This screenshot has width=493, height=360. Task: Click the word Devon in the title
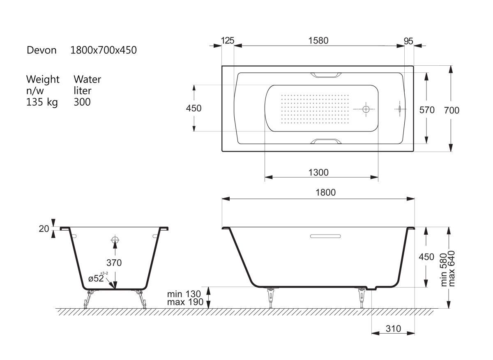click(x=41, y=50)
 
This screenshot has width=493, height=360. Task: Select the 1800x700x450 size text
click(x=104, y=50)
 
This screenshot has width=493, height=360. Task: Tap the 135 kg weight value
click(x=42, y=102)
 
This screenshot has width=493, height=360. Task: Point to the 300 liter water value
click(x=82, y=102)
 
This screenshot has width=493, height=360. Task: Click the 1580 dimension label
click(x=318, y=41)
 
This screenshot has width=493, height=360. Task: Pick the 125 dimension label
click(x=228, y=41)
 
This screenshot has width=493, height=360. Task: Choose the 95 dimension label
click(x=408, y=41)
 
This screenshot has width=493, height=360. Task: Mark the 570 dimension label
click(x=427, y=110)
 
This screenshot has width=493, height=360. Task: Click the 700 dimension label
click(x=452, y=110)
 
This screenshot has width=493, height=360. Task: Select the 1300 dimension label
click(x=318, y=173)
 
